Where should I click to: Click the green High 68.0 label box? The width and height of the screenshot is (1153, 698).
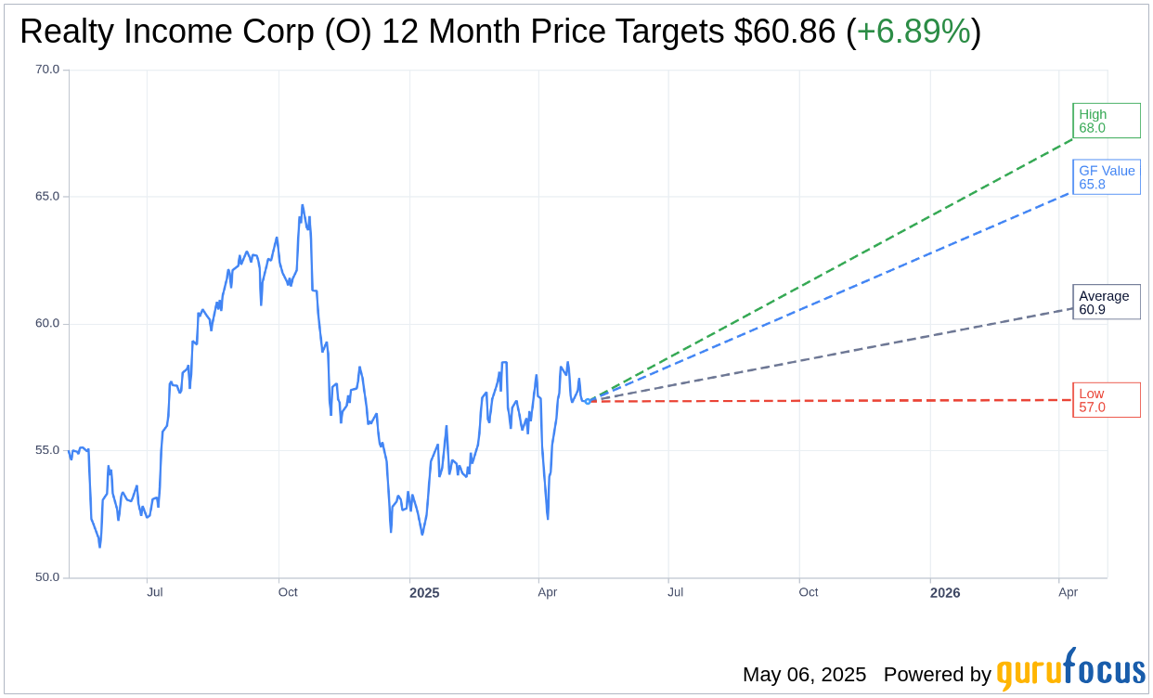pos(1106,121)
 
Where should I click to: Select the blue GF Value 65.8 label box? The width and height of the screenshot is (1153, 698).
pos(1106,177)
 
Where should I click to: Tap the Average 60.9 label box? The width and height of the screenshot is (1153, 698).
pos(1106,303)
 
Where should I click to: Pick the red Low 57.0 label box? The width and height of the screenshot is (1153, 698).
pos(1106,400)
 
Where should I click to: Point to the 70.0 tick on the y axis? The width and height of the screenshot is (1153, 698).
pos(47,70)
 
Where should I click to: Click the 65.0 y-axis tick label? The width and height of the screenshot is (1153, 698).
pos(47,197)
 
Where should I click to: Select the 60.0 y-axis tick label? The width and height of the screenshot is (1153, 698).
pos(47,324)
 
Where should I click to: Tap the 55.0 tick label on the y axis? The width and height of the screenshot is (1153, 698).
pos(47,450)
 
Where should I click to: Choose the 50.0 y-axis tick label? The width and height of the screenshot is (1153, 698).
pos(47,577)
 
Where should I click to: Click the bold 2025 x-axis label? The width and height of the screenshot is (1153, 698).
pos(424,593)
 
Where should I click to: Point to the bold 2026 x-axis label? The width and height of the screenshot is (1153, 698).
pos(945,593)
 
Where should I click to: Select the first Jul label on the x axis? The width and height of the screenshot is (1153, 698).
pos(155,592)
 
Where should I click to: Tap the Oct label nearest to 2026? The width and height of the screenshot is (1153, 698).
pos(809,592)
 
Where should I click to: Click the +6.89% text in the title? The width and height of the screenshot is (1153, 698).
pos(913,32)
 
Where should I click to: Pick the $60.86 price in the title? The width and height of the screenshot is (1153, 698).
pos(784,32)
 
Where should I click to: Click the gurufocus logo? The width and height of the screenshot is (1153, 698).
pos(1070,670)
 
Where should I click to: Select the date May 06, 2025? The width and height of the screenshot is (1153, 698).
pos(804,675)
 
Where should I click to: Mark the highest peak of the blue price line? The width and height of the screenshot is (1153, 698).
pos(303,205)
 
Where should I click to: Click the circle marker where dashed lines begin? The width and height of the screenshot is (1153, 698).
pos(588,401)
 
